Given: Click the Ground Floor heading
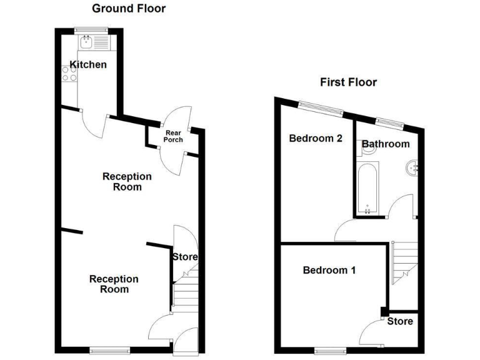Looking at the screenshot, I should tap(129, 9).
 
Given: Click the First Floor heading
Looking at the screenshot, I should tap(349, 82).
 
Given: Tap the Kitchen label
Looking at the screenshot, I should tap(88, 65).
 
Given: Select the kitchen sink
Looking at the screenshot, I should tap(86, 42).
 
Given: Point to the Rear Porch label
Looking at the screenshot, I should tap(174, 136).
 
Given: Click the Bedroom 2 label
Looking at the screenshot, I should tap(316, 139).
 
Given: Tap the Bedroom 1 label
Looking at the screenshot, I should tap(329, 271).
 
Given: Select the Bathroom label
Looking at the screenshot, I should tap(386, 144).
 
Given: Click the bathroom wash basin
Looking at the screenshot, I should tap(412, 167).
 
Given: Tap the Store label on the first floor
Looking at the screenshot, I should tap(400, 321).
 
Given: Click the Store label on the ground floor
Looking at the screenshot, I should tap(185, 257).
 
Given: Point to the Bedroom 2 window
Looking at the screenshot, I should tap(320, 109).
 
